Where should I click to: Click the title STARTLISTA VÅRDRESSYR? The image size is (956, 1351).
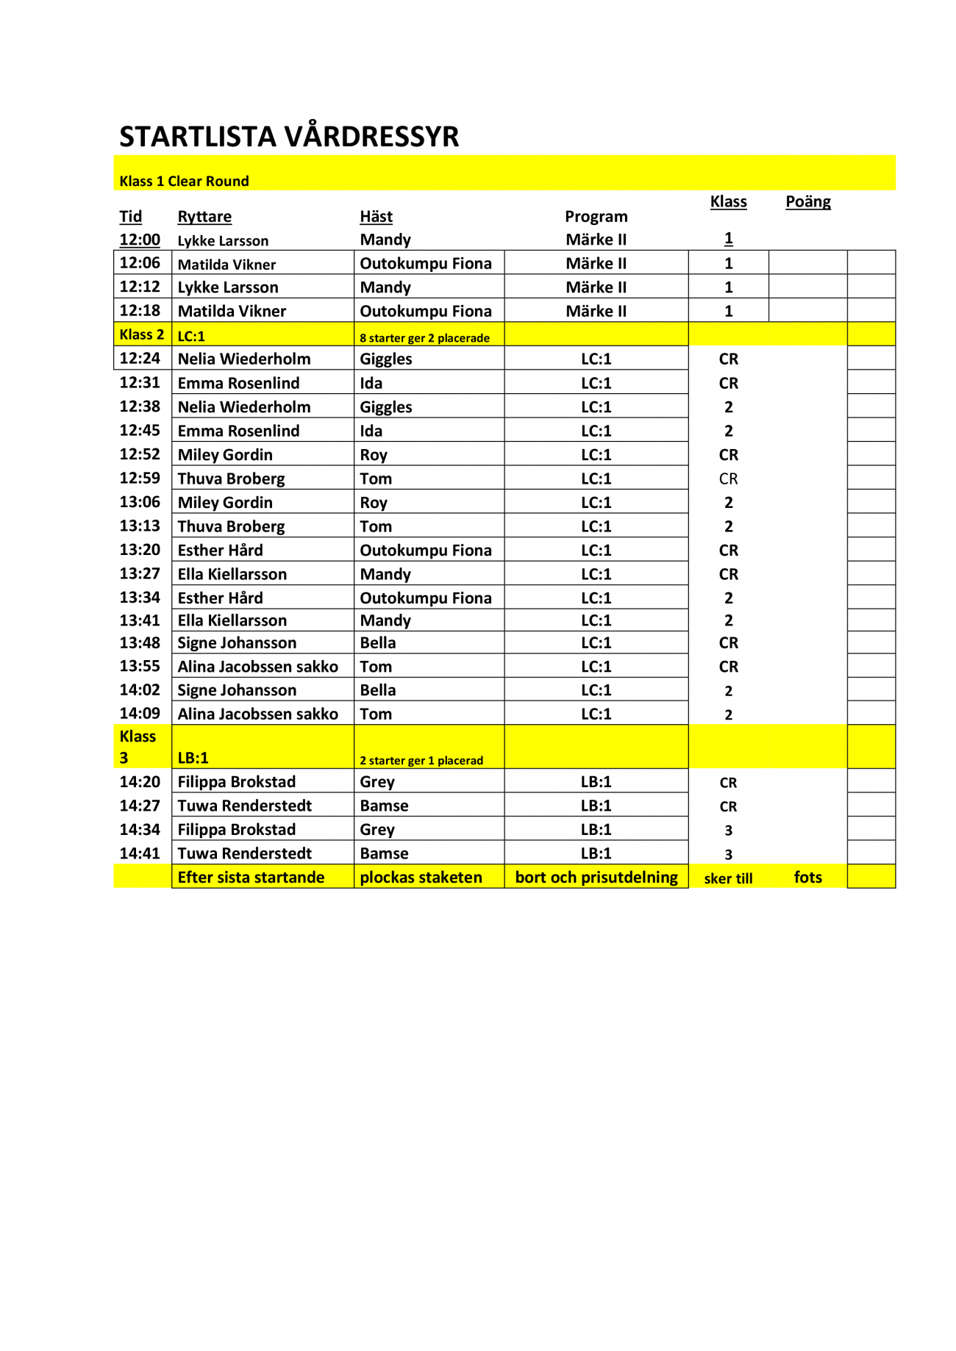(289, 137)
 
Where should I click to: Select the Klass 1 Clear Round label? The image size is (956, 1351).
(184, 181)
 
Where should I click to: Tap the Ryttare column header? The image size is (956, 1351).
(204, 216)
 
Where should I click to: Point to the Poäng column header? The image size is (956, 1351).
(807, 201)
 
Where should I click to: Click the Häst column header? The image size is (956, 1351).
(376, 216)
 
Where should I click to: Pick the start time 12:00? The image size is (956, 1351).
(140, 240)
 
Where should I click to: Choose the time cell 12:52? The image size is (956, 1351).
(140, 454)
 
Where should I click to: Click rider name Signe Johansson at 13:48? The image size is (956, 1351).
(237, 642)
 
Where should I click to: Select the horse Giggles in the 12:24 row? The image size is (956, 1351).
(385, 359)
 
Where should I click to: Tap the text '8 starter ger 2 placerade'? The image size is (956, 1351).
(424, 338)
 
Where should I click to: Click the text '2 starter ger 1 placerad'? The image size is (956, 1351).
(421, 760)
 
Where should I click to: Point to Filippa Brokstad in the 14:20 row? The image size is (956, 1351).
(236, 781)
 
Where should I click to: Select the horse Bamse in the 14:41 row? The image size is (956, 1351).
(384, 853)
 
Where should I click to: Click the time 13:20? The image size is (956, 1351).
(140, 550)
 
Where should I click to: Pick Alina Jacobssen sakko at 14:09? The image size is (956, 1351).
(257, 714)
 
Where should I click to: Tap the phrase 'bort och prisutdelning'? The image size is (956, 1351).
(596, 877)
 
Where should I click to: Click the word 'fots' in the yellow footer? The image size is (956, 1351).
(807, 877)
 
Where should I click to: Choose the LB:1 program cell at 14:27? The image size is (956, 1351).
(596, 806)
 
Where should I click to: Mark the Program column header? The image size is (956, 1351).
(596, 216)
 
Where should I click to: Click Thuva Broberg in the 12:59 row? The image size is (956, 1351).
(231, 479)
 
